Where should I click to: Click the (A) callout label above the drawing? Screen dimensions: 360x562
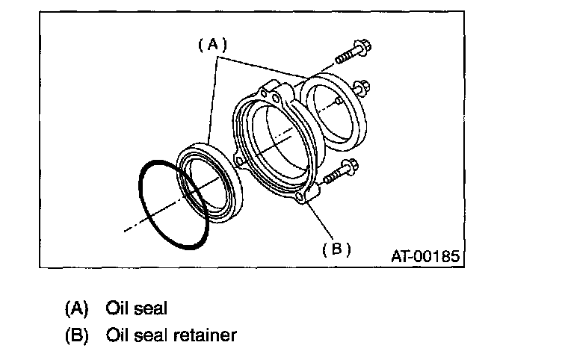click(x=212, y=45)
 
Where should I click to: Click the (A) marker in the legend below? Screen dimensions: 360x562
click(x=77, y=307)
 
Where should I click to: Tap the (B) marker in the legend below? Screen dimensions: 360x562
click(x=77, y=335)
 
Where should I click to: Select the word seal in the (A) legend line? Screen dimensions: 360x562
click(x=152, y=307)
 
